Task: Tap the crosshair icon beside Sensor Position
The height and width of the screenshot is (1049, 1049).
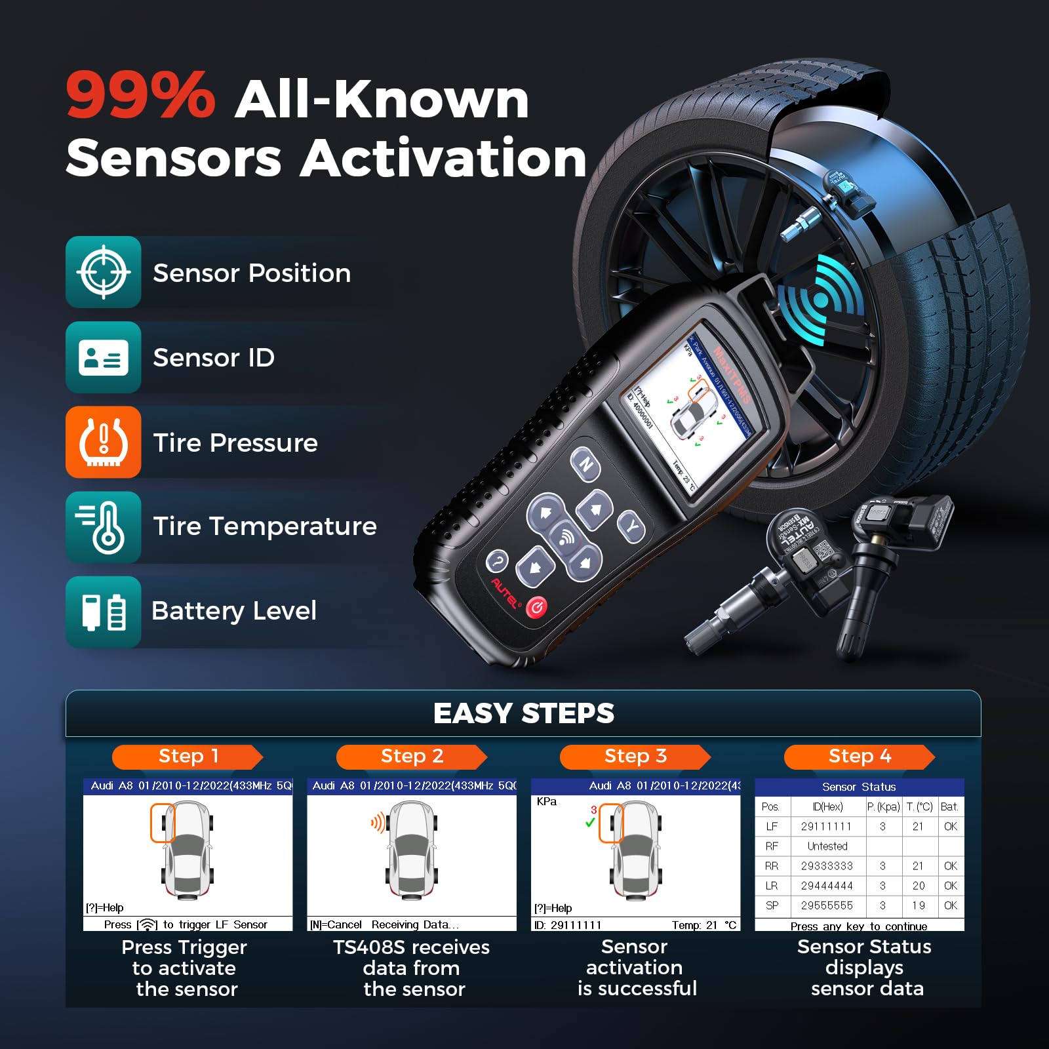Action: [x=104, y=272]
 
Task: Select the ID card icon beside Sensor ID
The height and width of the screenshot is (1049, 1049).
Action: [x=104, y=357]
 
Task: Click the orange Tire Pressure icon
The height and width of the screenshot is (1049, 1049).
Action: [x=104, y=443]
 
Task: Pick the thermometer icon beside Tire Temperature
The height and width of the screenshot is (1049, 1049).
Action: [x=104, y=527]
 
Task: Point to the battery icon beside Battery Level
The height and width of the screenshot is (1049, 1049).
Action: [x=104, y=612]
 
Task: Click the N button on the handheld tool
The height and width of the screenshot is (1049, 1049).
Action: [x=585, y=465]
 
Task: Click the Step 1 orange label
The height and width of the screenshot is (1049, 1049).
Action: [x=188, y=757]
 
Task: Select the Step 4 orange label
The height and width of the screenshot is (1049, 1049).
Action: [x=860, y=757]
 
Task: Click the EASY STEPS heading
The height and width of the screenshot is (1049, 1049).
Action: [x=523, y=713]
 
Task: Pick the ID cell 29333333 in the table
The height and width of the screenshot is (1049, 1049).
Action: [x=827, y=866]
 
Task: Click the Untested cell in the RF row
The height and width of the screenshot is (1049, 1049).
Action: [x=827, y=846]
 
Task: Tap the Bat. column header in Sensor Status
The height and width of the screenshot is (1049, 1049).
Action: [x=949, y=807]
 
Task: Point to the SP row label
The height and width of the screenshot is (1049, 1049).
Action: [x=772, y=905]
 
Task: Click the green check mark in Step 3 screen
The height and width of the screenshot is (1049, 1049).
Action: [x=590, y=822]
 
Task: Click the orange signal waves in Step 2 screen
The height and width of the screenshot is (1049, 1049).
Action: [x=378, y=823]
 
